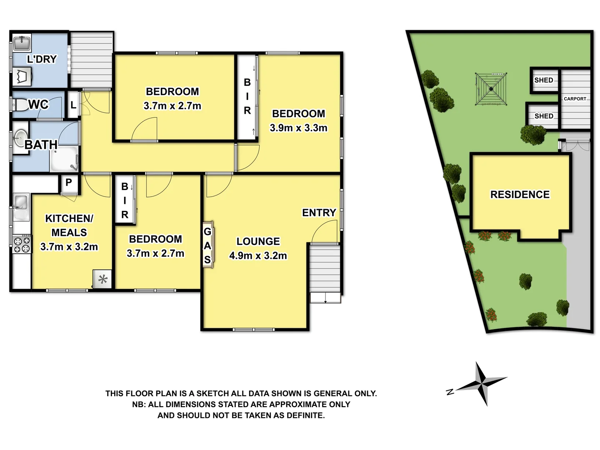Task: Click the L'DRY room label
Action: [42, 59]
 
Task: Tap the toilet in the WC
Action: [20, 105]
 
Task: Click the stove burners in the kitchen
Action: [22, 244]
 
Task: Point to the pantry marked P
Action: [69, 182]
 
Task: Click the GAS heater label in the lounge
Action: [207, 245]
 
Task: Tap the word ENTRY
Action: [319, 213]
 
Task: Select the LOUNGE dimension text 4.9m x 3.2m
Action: [258, 255]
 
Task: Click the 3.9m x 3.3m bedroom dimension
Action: [298, 128]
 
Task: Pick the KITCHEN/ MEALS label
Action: [69, 225]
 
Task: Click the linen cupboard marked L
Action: [73, 105]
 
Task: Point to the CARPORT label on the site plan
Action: [575, 99]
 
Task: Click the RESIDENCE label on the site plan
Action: [520, 195]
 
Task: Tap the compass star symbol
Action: [483, 383]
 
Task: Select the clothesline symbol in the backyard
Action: [492, 89]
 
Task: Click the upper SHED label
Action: [543, 80]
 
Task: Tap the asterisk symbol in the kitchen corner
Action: [103, 279]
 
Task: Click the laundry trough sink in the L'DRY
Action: [21, 43]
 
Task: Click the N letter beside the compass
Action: [450, 392]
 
